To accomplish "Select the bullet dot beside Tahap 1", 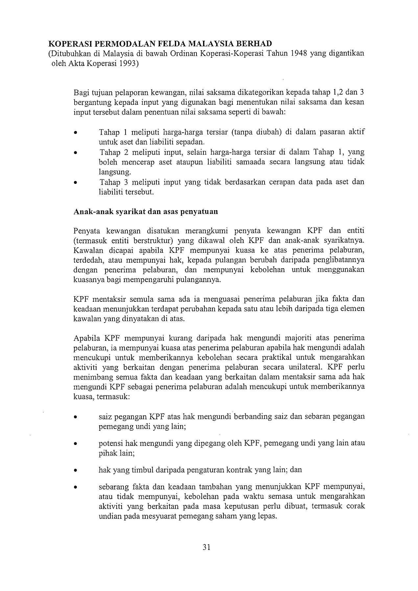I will coord(76,133).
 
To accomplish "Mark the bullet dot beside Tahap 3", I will coord(76,183).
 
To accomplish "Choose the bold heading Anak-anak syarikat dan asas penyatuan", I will coord(146,211).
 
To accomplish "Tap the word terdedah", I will coord(86,260).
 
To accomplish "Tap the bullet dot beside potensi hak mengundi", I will coord(76,444).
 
